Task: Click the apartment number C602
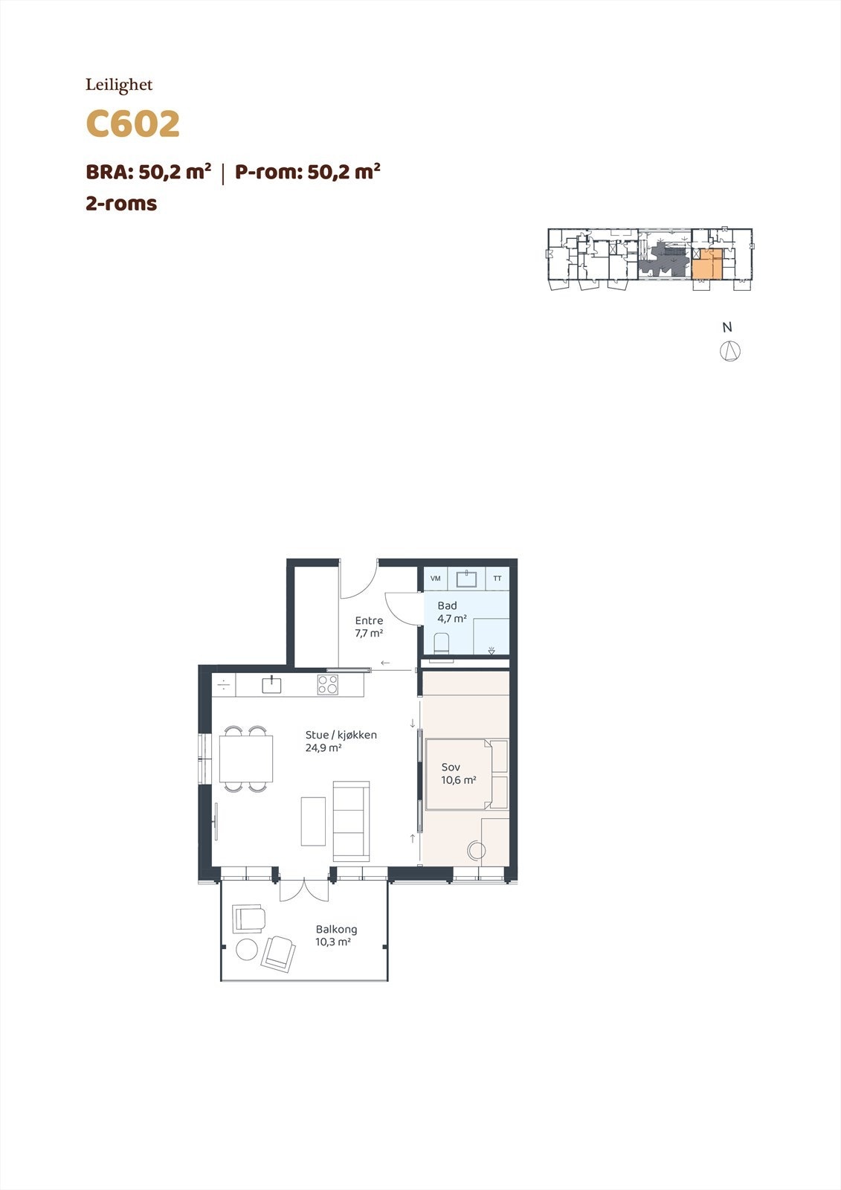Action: [x=133, y=124]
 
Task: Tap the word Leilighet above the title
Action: [x=119, y=86]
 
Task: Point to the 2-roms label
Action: [x=121, y=204]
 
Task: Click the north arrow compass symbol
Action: [x=729, y=350]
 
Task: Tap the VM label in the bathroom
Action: [x=436, y=579]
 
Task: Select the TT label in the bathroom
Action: [x=497, y=579]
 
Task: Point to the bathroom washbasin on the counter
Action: [x=468, y=577]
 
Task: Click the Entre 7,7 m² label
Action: [x=369, y=627]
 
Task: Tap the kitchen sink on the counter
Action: [x=272, y=684]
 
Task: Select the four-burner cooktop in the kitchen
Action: [x=328, y=684]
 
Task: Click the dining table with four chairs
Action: [x=246, y=759]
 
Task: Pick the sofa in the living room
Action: [x=351, y=820]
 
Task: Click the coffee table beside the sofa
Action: [x=313, y=821]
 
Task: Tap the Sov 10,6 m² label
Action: [x=457, y=773]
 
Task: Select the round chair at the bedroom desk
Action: [x=475, y=850]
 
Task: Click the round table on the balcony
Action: [x=246, y=950]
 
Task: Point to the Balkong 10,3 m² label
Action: [x=335, y=936]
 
